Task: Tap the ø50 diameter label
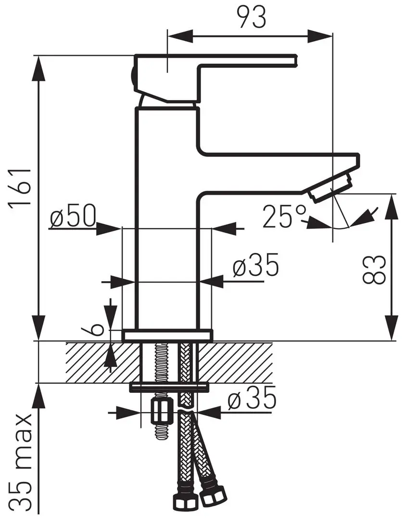pos(73,218)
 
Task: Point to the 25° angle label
pos(284,216)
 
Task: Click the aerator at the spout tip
pos(331,188)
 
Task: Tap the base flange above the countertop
pos(167,335)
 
